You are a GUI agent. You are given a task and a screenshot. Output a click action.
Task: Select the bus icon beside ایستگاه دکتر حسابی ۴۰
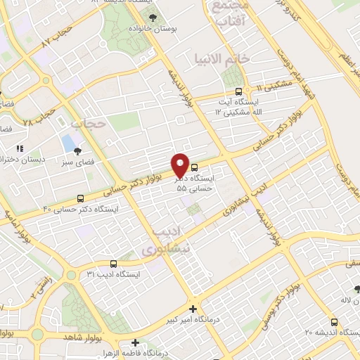click(80, 199)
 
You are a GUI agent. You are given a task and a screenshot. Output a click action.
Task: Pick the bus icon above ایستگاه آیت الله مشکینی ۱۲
click(238, 91)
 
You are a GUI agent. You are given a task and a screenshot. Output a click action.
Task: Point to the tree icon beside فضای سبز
click(77, 150)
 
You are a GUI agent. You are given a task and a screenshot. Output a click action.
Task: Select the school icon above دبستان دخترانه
click(20, 149)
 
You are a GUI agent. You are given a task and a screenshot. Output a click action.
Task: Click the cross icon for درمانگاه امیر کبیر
click(193, 309)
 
